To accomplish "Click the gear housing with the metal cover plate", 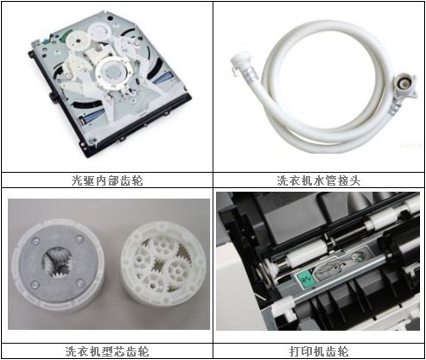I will tap(60, 270).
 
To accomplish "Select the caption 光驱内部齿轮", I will tap(107, 181).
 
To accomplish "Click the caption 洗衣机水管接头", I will tap(319, 181).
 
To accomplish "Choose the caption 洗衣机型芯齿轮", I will tap(107, 351).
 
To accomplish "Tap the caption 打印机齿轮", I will tap(319, 351).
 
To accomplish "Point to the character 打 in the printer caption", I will tap(295, 351).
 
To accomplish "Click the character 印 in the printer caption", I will tap(307, 351).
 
